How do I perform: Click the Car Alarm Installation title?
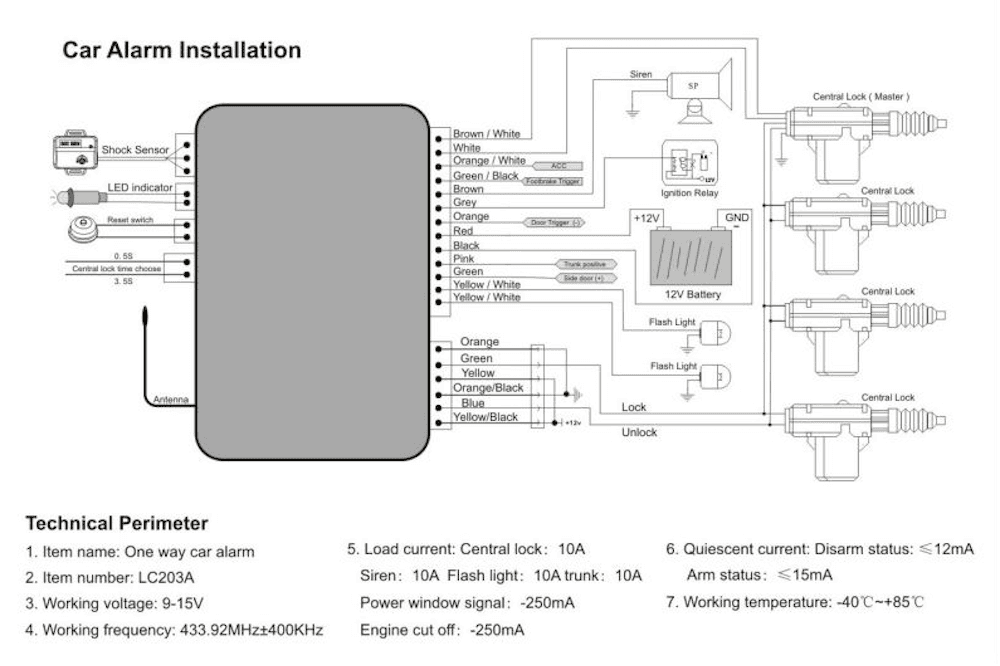181,50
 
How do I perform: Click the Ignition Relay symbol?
689,162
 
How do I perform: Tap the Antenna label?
170,400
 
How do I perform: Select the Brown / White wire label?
486,133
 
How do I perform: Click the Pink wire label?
464,258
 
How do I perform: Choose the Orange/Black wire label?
488,388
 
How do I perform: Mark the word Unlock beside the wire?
640,432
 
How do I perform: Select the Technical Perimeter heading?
116,523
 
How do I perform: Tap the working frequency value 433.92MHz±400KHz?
246,629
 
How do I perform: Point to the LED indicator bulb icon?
75,191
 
